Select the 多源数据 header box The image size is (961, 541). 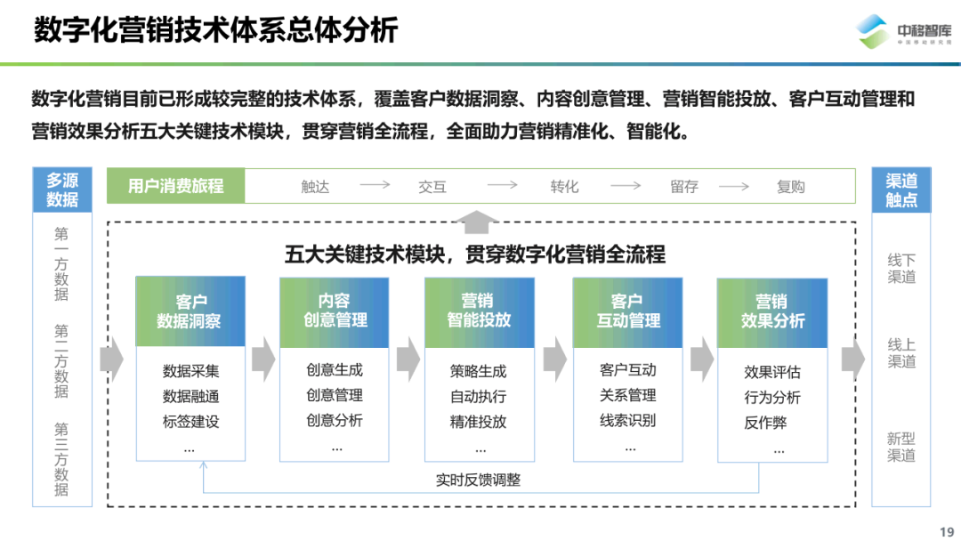tap(62, 190)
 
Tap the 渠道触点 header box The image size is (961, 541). tap(901, 190)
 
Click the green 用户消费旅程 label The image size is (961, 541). tap(175, 186)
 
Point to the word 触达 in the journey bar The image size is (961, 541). tap(315, 186)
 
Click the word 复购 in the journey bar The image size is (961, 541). tap(790, 186)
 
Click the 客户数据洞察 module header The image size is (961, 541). tap(190, 311)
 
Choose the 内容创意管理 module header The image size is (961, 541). tap(335, 311)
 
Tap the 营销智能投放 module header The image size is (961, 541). tap(479, 311)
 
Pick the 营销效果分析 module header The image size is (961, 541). tap(772, 311)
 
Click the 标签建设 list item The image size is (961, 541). tap(190, 422)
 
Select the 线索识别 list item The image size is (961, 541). tap(627, 420)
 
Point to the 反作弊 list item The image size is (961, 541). tap(765, 423)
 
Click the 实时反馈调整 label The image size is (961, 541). tap(479, 480)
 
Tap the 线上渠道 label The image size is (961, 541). tap(901, 352)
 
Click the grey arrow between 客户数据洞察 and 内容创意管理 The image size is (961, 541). tap(263, 359)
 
